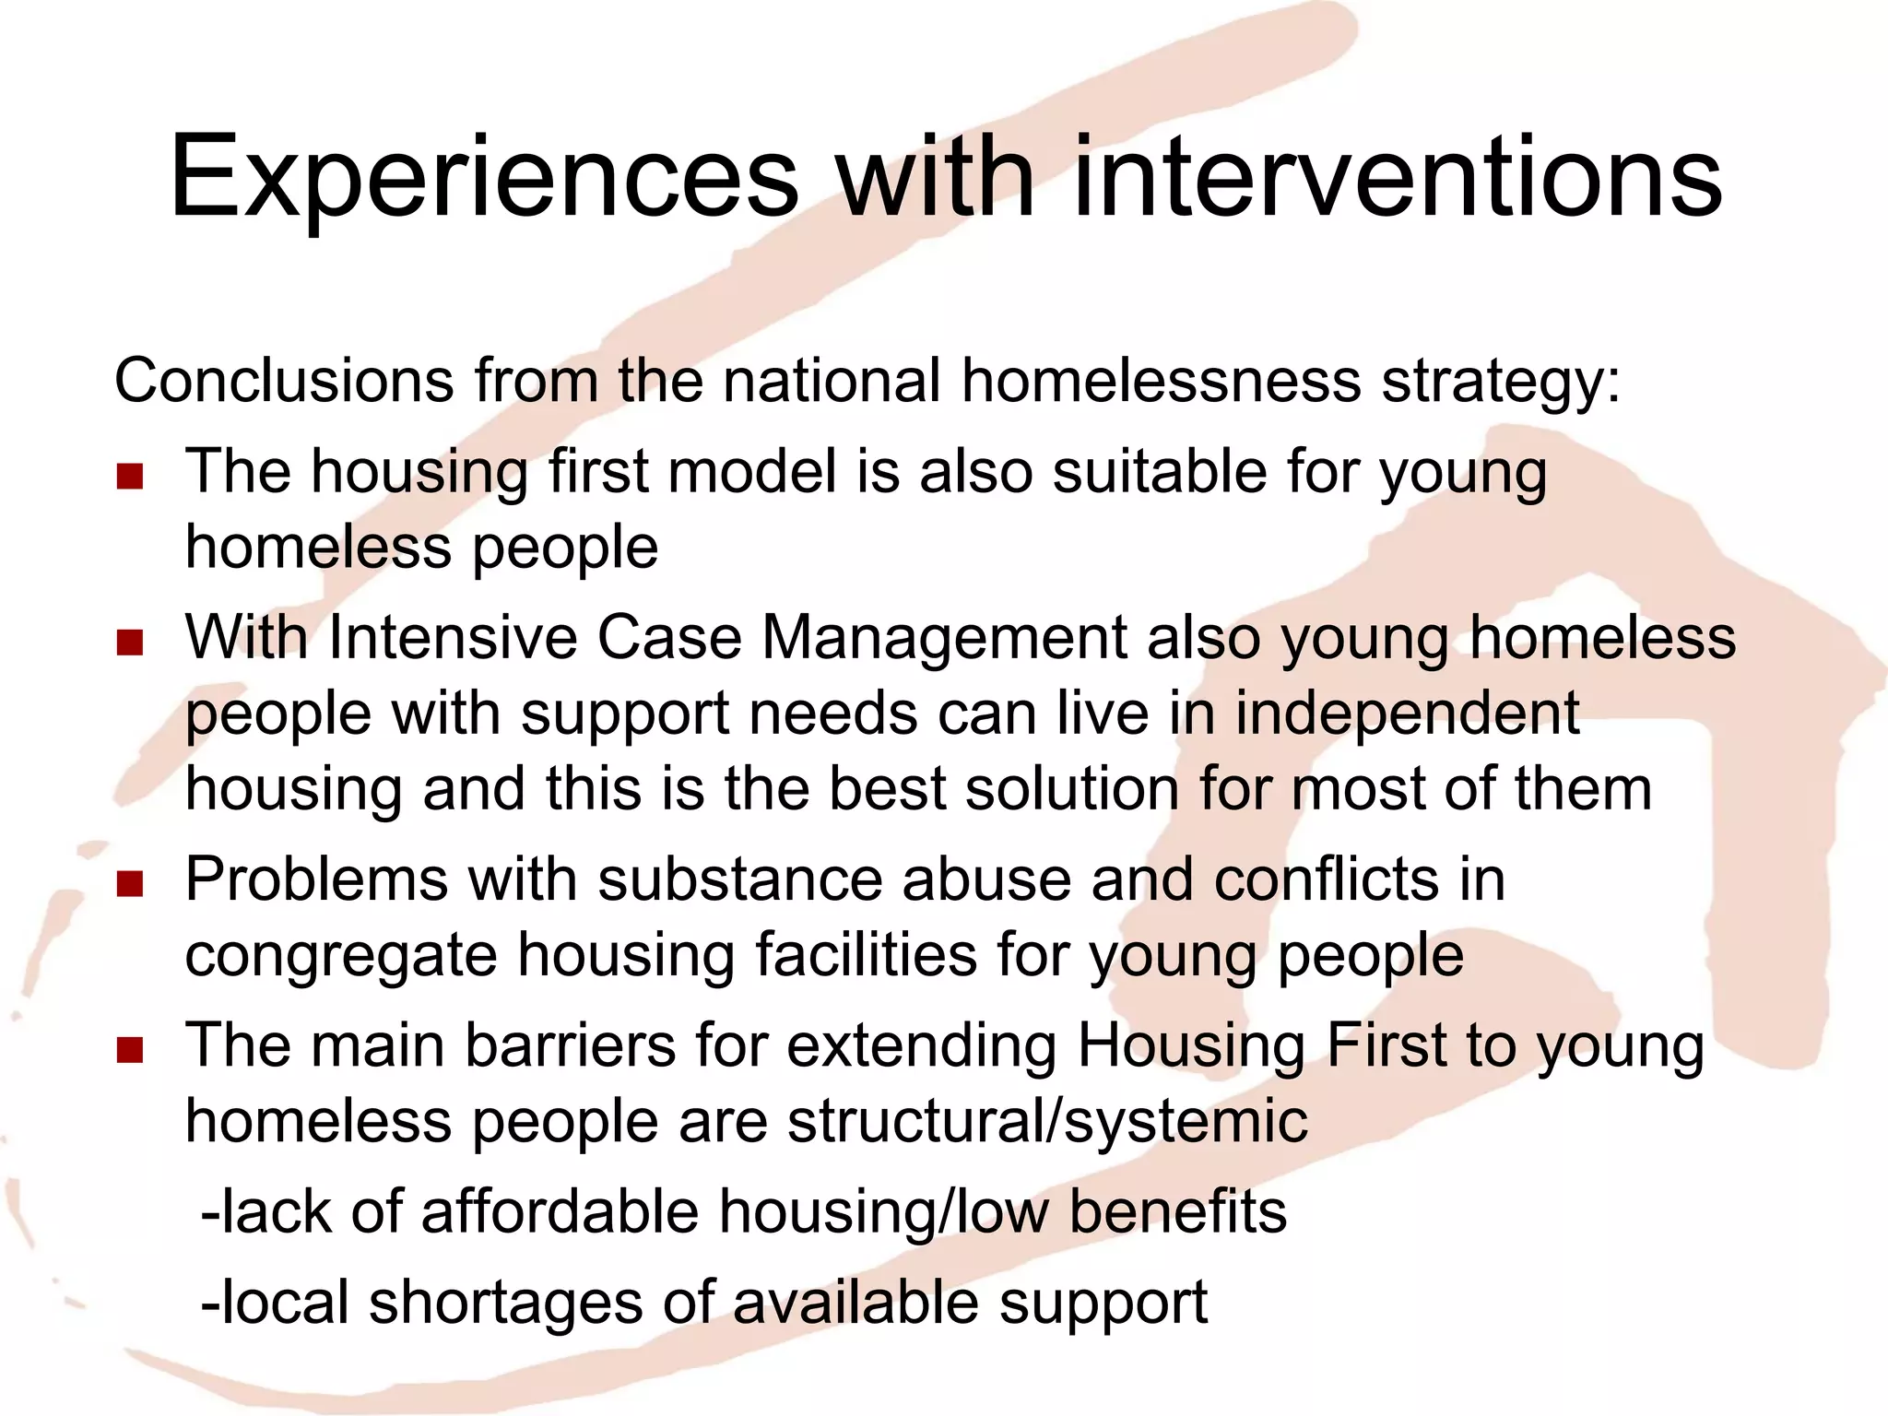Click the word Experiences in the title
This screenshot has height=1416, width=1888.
[x=484, y=177]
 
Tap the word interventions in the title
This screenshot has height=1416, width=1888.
[x=1397, y=177]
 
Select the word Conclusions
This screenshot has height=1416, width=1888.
[x=284, y=380]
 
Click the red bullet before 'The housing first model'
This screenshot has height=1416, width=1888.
[x=130, y=477]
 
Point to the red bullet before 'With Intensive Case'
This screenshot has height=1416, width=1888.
[x=130, y=643]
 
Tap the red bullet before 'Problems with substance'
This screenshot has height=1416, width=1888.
[x=130, y=884]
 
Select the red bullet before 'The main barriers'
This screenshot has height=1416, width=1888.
[x=130, y=1050]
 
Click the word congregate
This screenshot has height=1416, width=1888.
[x=341, y=957]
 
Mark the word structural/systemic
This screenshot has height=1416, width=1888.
[x=1048, y=1122]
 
